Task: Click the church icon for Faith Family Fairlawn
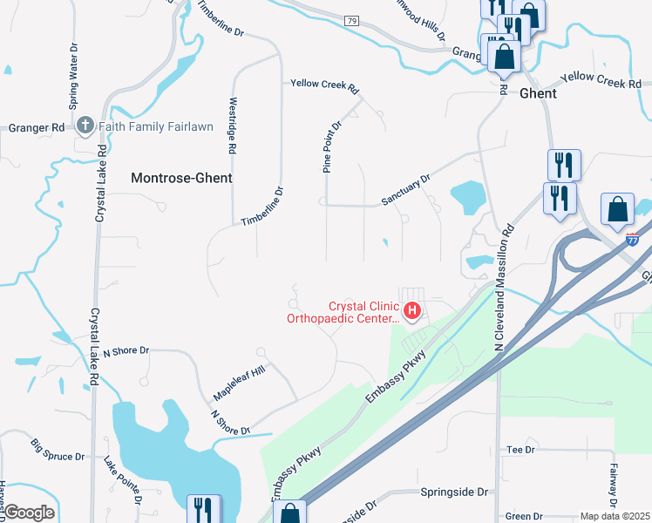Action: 85,126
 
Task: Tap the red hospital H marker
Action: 411,309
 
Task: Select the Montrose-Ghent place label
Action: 181,178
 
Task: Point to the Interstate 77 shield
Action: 633,238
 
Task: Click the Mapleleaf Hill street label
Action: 238,384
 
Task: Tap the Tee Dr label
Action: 520,449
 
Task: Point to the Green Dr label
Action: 524,516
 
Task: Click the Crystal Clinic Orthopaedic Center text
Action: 343,312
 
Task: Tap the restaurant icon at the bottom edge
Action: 205,509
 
